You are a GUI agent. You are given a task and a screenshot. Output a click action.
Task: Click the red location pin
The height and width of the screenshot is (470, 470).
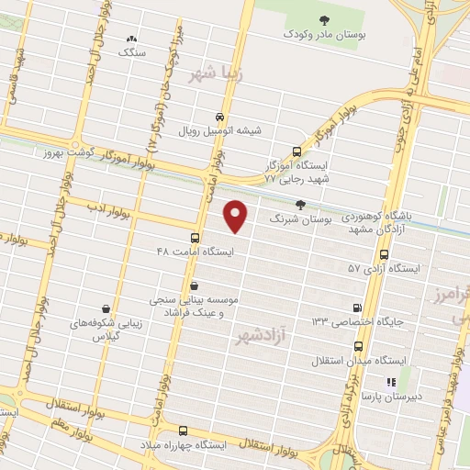click(237, 216)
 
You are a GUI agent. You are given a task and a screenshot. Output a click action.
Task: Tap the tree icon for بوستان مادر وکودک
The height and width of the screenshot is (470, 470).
click(321, 20)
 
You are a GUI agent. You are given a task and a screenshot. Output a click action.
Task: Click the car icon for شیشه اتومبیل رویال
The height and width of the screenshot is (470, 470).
click(219, 117)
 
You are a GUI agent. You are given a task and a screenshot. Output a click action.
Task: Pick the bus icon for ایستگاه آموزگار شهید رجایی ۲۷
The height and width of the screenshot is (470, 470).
click(296, 152)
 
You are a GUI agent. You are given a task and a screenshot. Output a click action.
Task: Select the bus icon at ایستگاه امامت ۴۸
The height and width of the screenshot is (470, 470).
click(196, 234)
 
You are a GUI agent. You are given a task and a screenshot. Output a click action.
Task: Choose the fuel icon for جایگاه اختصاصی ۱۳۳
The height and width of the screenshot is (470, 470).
click(357, 307)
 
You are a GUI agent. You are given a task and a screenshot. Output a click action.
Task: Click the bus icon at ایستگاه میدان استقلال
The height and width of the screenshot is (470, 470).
click(358, 347)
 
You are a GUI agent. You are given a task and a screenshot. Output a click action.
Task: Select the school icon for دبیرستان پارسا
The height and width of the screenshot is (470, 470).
click(390, 381)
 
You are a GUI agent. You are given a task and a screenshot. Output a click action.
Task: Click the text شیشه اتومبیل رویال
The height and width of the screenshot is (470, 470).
click(224, 130)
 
